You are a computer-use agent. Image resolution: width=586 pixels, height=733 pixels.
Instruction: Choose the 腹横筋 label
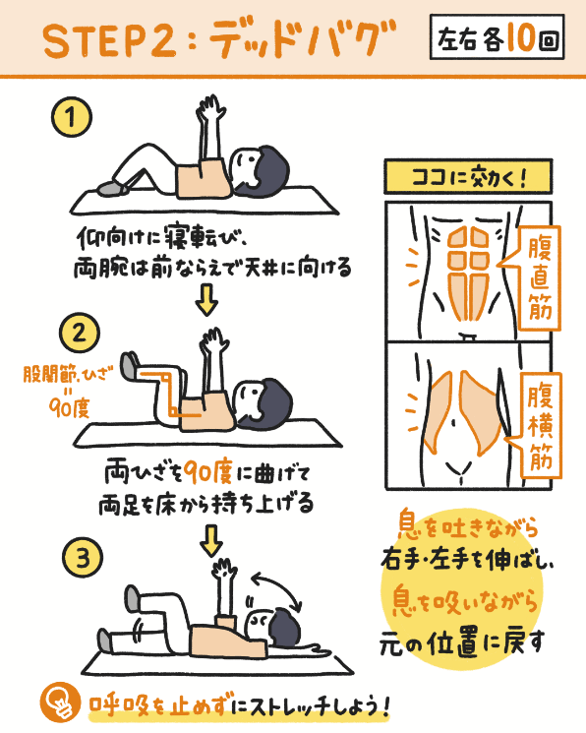pos(540,424)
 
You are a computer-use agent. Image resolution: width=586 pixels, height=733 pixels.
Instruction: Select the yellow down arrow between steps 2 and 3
pos(211,538)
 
